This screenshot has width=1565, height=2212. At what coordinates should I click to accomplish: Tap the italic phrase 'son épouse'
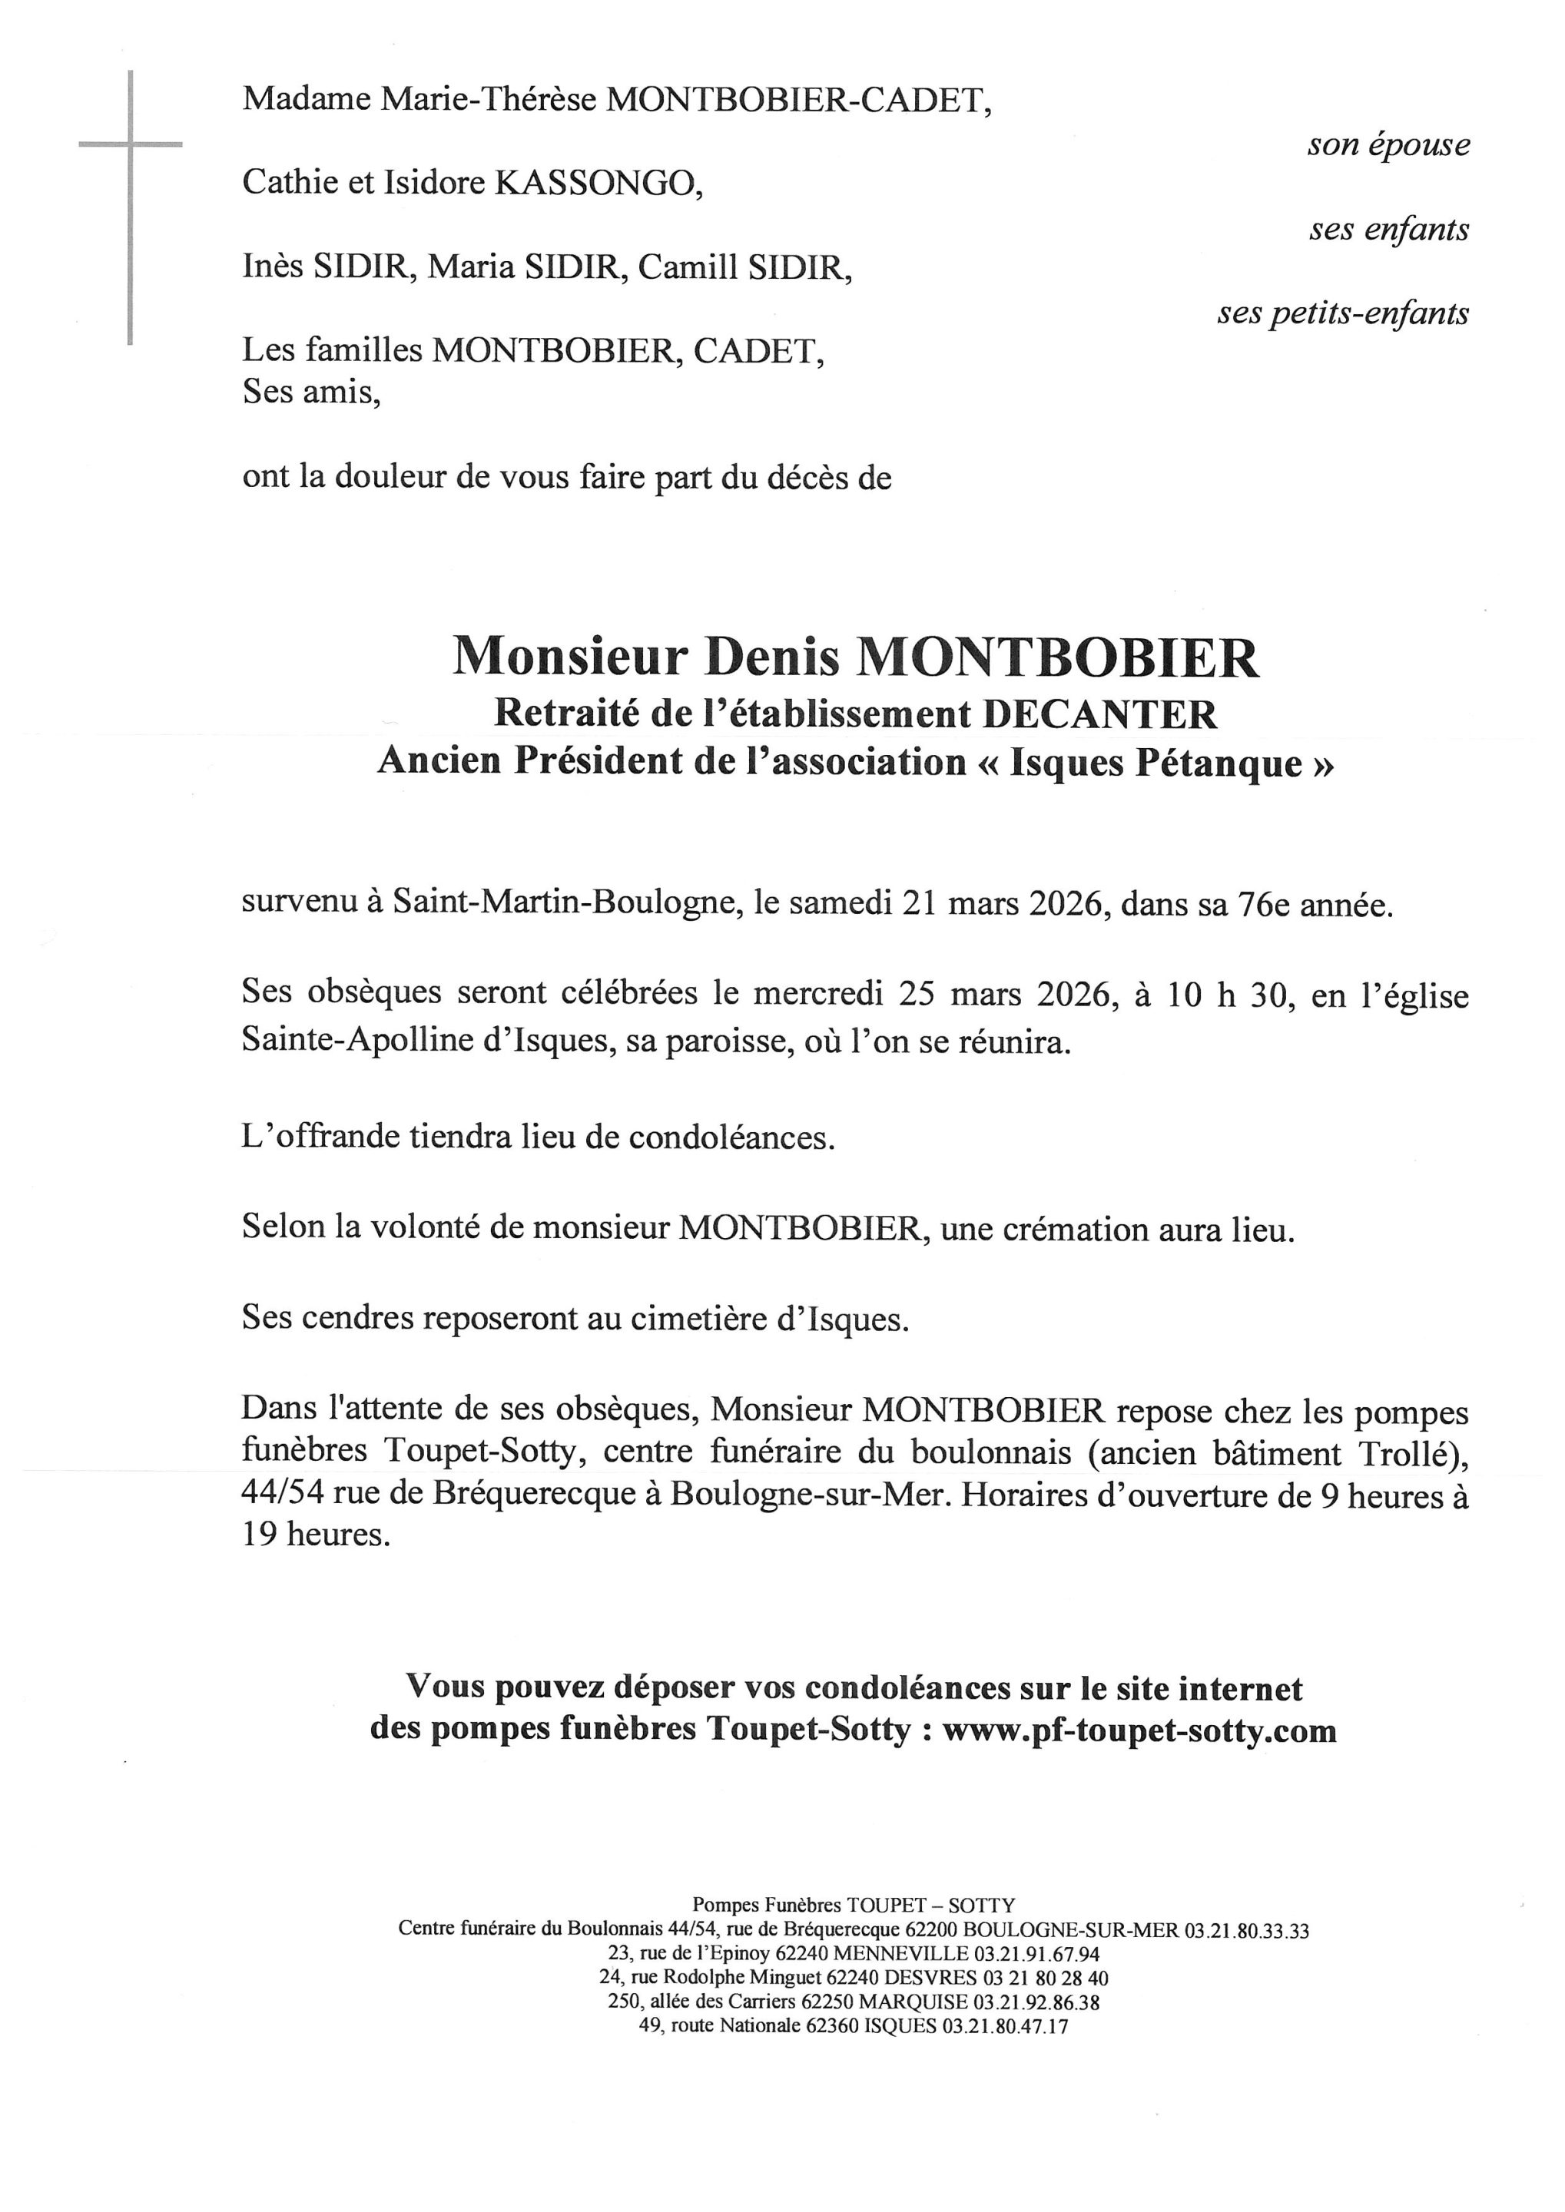coord(1388,144)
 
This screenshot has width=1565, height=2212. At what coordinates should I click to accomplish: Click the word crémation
coord(1035,1230)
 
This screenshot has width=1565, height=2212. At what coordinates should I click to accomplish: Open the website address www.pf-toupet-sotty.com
coord(1139,1731)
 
